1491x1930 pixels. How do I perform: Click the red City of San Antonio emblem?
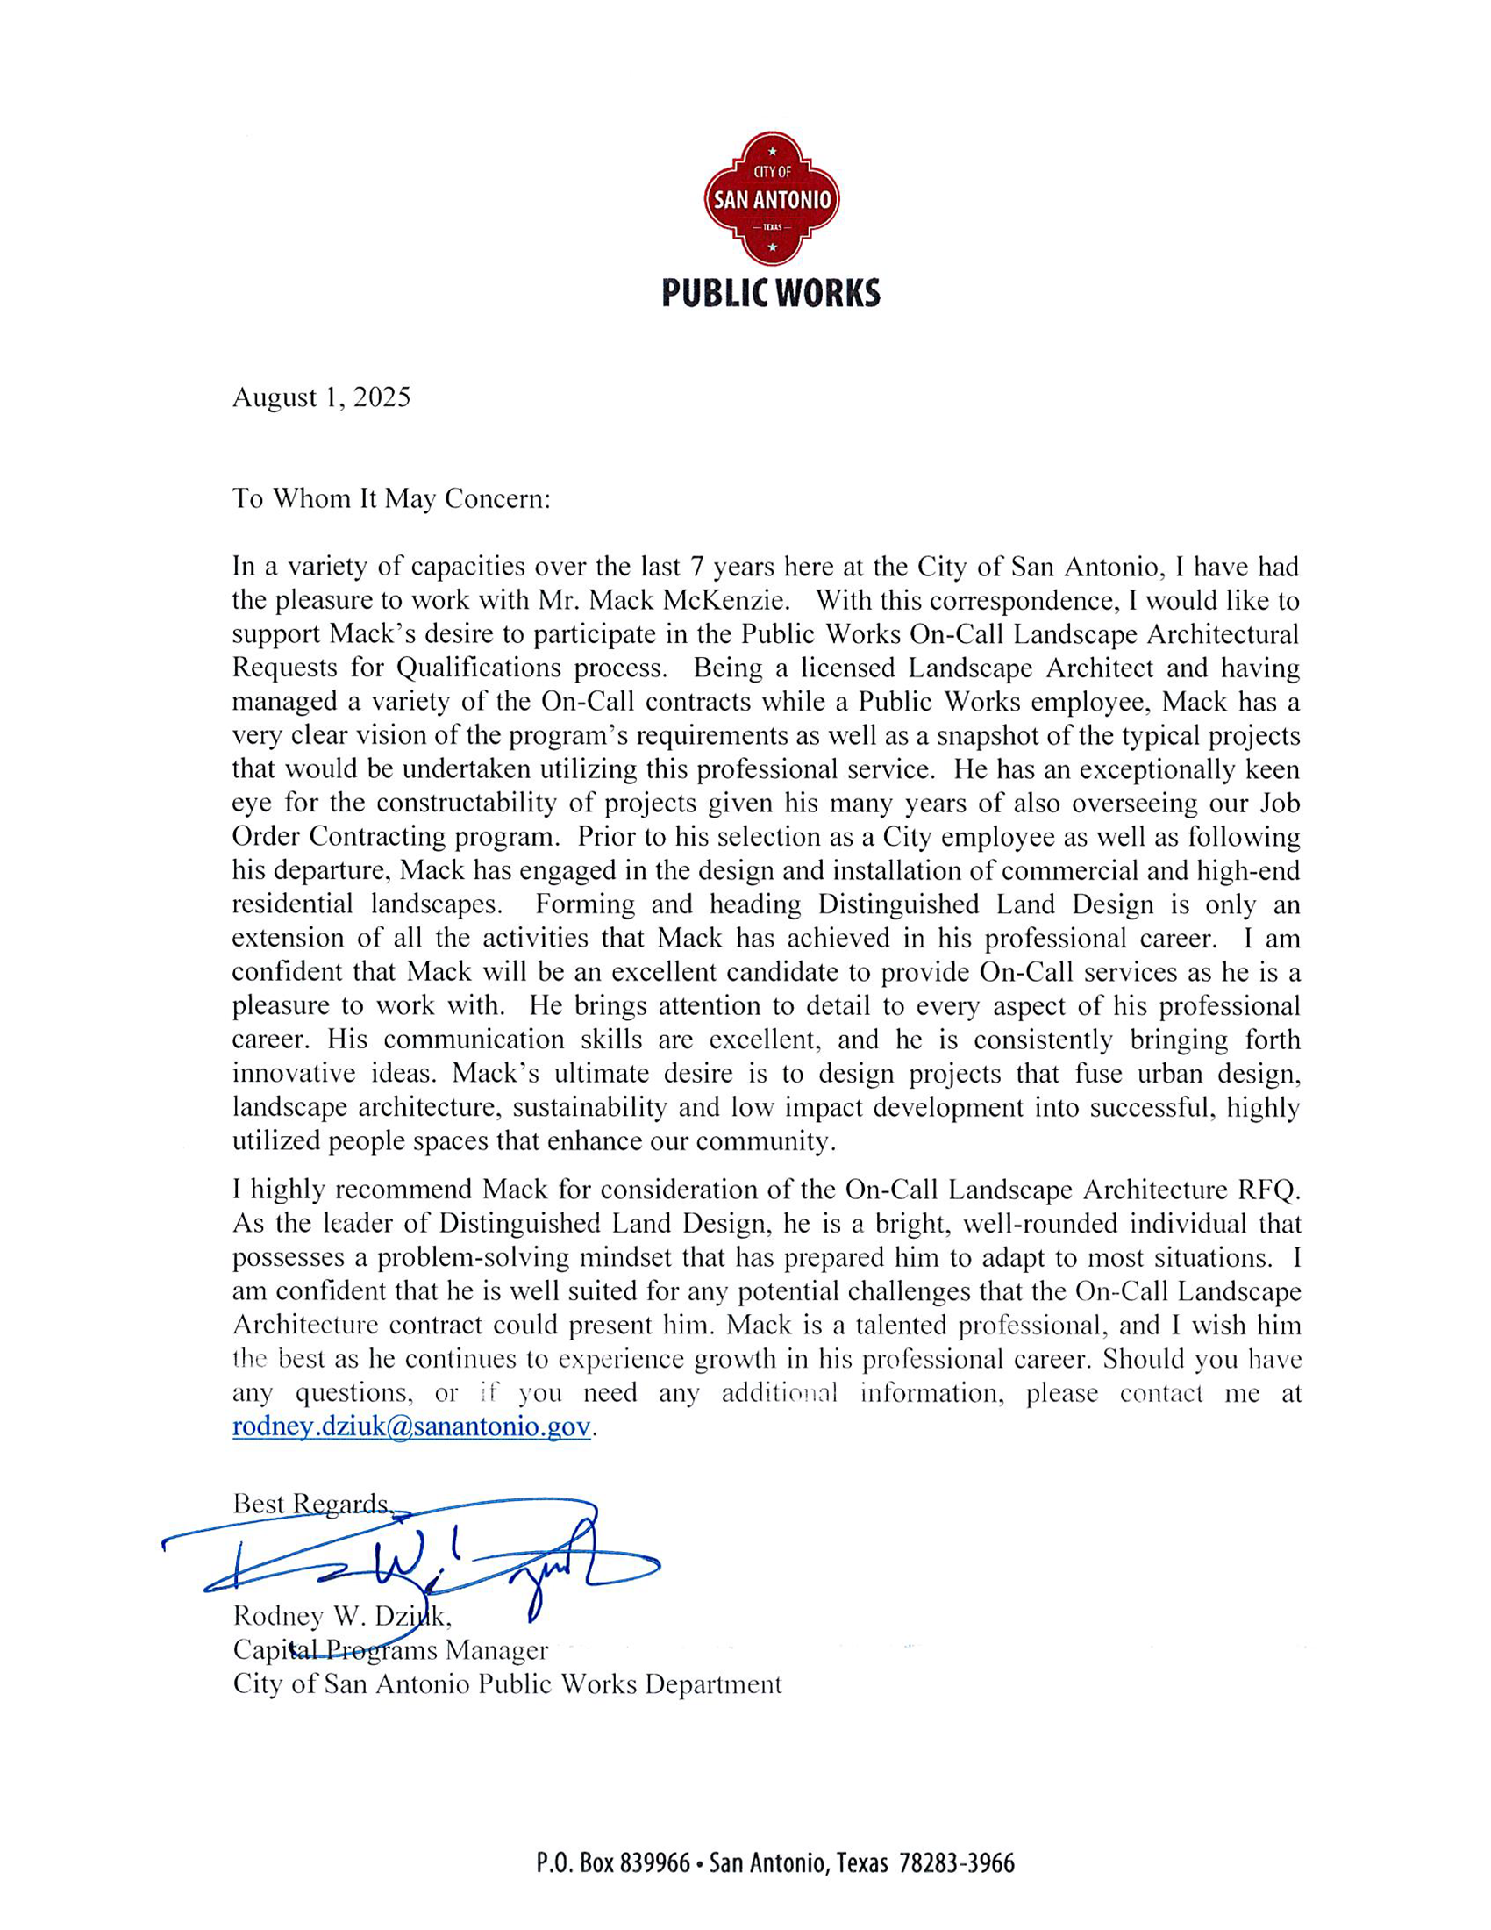point(771,199)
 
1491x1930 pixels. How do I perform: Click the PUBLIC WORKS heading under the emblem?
point(770,293)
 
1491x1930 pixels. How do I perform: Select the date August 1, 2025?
point(321,397)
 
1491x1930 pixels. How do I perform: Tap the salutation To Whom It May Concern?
point(390,499)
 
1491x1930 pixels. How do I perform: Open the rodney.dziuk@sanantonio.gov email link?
point(410,1427)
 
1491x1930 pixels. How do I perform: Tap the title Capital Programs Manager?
point(389,1650)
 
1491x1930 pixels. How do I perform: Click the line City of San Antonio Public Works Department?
point(507,1684)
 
